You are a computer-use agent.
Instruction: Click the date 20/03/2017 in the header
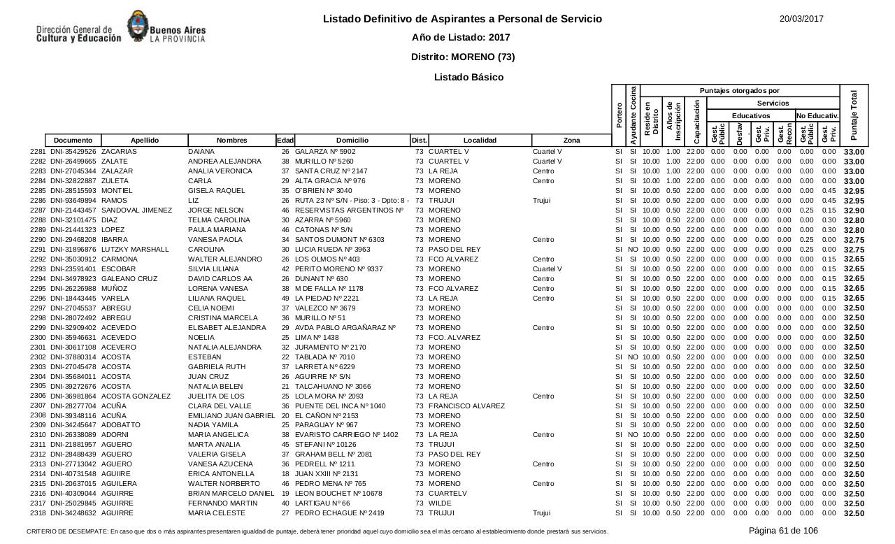coord(801,19)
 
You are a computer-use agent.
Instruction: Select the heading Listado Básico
coord(468,77)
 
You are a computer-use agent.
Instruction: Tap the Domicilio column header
coord(352,141)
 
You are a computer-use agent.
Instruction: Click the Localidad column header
coord(480,141)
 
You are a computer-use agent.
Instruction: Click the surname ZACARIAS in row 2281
coord(119,152)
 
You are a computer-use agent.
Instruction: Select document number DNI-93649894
coord(73,201)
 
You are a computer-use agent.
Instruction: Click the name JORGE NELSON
coord(214,210)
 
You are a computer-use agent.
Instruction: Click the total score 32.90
coord(854,210)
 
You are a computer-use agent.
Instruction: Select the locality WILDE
coord(441,503)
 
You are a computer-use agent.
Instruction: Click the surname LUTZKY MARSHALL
coord(135,250)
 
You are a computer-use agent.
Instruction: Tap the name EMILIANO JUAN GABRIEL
coord(231,416)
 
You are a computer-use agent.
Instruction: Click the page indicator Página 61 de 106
coord(783,531)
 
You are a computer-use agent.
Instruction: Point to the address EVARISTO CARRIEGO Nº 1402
coord(347,435)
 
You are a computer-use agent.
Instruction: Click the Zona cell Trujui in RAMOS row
coord(542,201)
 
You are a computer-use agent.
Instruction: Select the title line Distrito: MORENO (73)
coord(463,57)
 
